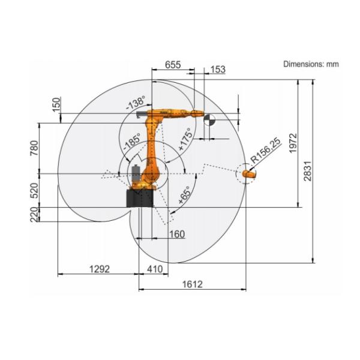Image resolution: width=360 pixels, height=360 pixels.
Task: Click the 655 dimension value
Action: [173, 65]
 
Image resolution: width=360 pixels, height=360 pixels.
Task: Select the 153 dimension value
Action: [218, 70]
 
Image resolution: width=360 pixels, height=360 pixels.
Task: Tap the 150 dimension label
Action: [56, 104]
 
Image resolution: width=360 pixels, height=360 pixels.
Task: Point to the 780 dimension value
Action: [34, 148]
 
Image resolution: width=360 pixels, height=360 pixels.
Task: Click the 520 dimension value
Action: [34, 190]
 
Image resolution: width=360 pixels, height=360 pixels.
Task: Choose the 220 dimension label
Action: [34, 215]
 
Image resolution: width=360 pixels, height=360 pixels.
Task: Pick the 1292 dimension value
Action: [100, 269]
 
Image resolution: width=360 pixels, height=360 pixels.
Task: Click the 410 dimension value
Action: [155, 269]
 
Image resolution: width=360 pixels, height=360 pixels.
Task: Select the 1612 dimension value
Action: [193, 284]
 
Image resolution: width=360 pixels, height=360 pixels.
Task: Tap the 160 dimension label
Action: [177, 234]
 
